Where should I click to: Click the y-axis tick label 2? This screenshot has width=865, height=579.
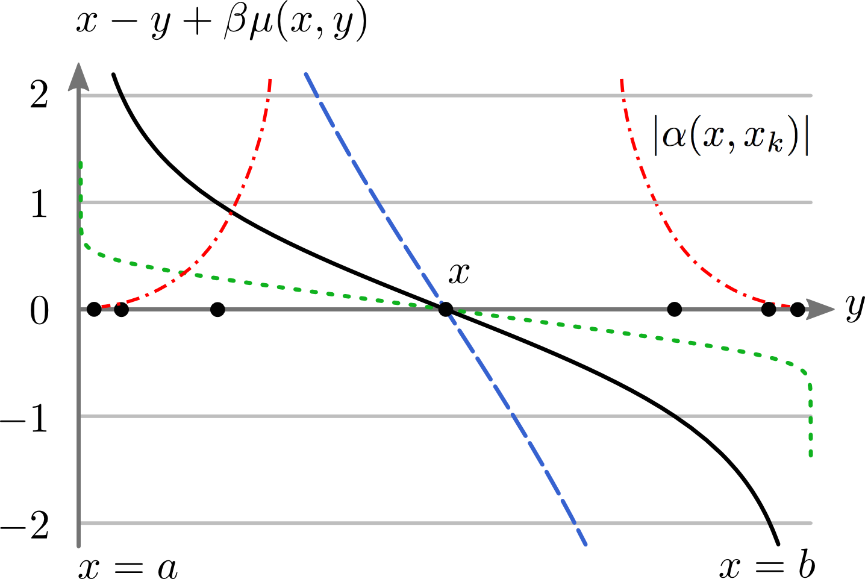click(x=39, y=95)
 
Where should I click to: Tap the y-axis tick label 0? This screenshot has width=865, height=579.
click(x=39, y=311)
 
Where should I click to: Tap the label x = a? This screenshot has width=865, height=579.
click(x=128, y=567)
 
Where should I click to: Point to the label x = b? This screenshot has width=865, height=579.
click(x=767, y=566)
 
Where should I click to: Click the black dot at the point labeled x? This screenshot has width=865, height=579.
click(x=445, y=310)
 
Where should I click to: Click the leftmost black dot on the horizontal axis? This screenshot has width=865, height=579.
click(x=94, y=310)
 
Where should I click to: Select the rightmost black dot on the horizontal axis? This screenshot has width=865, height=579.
click(x=798, y=310)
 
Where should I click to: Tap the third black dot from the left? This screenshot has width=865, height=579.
click(x=218, y=310)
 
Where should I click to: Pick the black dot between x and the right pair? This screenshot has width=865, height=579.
click(x=675, y=310)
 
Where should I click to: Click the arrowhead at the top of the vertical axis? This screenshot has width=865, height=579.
click(x=79, y=75)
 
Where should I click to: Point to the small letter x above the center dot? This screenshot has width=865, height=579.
click(x=459, y=274)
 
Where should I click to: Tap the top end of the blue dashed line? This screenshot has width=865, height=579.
click(x=307, y=74)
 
